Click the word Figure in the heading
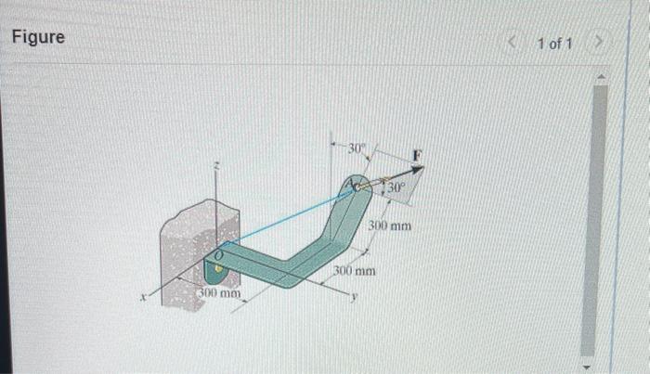38,38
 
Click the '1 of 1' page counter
554,45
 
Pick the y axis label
354,297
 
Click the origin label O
219,252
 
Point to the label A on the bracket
350,187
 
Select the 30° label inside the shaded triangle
396,189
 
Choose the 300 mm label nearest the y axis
355,271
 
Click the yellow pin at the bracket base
217,270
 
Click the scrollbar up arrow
600,75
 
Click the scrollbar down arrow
600,363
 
